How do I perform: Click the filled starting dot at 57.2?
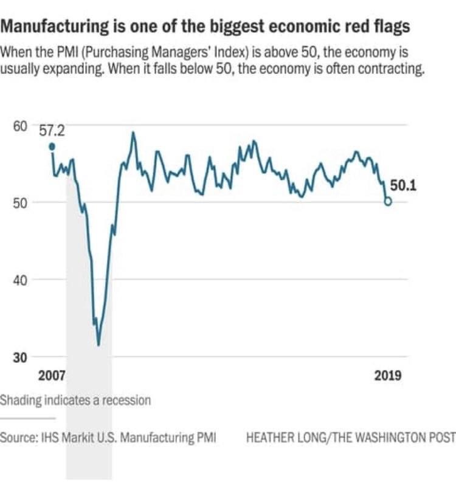point(52,146)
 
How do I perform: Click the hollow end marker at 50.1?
point(388,202)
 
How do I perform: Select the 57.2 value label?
point(52,130)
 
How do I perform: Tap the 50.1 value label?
point(403,186)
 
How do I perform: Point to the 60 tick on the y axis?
point(20,126)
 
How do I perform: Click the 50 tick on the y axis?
point(20,202)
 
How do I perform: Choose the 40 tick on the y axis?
point(20,280)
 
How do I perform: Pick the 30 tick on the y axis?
point(20,357)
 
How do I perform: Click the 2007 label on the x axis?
point(52,375)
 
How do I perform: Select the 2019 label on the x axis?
point(387,375)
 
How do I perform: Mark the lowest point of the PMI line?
point(98,345)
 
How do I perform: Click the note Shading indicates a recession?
point(75,401)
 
